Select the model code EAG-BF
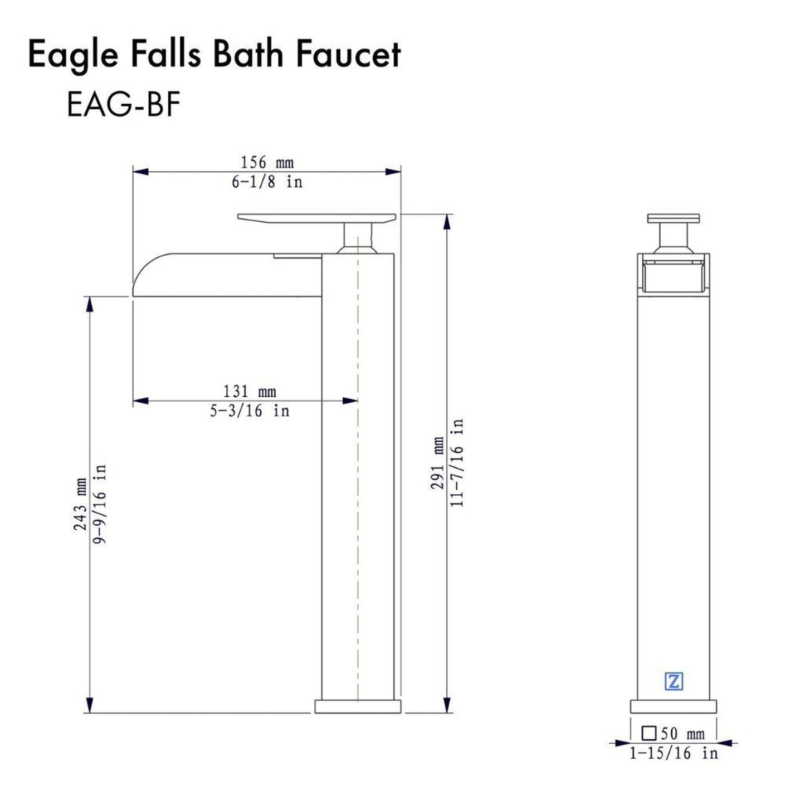(124, 104)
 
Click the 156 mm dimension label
(267, 163)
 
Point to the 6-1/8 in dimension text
(267, 182)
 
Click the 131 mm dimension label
(250, 391)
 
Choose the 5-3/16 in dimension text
(250, 411)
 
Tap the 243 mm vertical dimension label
(80, 504)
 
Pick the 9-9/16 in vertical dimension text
(100, 504)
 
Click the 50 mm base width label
(682, 734)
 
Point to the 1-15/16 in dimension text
(674, 754)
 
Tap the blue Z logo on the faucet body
(674, 681)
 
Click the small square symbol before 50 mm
(649, 733)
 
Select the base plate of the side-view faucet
(358, 706)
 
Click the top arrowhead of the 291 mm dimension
(446, 222)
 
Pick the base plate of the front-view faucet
(673, 706)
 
